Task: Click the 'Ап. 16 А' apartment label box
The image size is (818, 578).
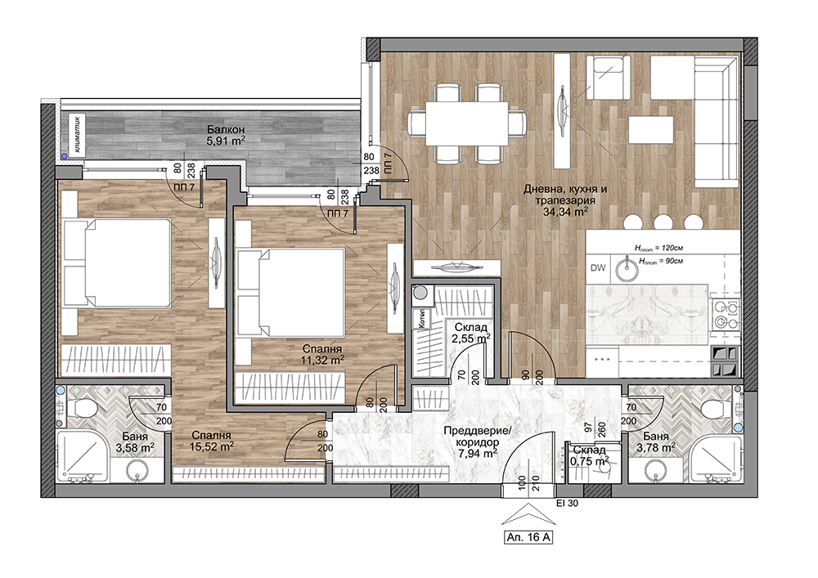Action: click(528, 537)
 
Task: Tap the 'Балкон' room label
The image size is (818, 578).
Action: click(226, 129)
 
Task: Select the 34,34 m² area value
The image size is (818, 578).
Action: click(566, 211)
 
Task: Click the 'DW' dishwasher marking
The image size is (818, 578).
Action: click(598, 268)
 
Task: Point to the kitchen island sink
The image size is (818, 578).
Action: click(626, 268)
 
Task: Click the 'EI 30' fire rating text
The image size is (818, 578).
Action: click(568, 504)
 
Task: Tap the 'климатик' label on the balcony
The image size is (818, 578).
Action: click(77, 134)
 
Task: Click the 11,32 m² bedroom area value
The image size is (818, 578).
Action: click(321, 360)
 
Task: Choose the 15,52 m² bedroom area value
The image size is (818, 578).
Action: click(211, 446)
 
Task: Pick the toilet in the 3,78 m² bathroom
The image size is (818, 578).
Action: click(716, 407)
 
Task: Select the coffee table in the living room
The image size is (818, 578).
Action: click(651, 130)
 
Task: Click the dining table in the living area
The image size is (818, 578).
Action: click(467, 123)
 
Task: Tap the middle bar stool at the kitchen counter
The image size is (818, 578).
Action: click(663, 222)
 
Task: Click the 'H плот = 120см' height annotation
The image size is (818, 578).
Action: click(658, 248)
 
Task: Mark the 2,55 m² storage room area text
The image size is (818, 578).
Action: click(471, 338)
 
